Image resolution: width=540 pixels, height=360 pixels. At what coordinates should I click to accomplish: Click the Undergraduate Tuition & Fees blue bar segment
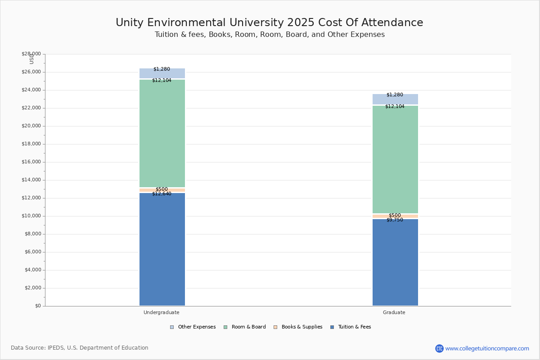coord(162,250)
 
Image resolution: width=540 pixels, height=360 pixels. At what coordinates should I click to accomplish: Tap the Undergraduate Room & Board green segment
coord(162,133)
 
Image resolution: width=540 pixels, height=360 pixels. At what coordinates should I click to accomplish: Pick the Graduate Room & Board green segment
coord(395,160)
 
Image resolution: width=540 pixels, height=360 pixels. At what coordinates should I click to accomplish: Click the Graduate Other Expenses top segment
coord(395,99)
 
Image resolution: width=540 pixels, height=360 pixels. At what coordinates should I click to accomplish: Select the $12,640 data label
coord(162,194)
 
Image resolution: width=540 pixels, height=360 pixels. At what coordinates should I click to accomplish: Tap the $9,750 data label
coord(395,220)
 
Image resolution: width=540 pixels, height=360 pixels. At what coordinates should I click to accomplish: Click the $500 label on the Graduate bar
coord(395,216)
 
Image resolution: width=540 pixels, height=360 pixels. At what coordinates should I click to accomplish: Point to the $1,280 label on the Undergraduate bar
coord(162,69)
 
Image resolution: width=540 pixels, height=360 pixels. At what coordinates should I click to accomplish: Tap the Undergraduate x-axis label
coord(162,312)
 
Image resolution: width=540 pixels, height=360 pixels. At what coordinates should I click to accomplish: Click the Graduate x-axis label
coord(394,312)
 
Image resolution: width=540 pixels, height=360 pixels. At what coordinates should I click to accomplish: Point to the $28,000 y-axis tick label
coord(31,54)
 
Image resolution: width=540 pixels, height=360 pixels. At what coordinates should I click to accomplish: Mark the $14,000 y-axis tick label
coord(31,180)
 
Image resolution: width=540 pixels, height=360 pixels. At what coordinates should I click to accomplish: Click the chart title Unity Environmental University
coord(269,23)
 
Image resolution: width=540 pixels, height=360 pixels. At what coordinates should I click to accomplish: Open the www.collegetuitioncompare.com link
coord(487,348)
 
